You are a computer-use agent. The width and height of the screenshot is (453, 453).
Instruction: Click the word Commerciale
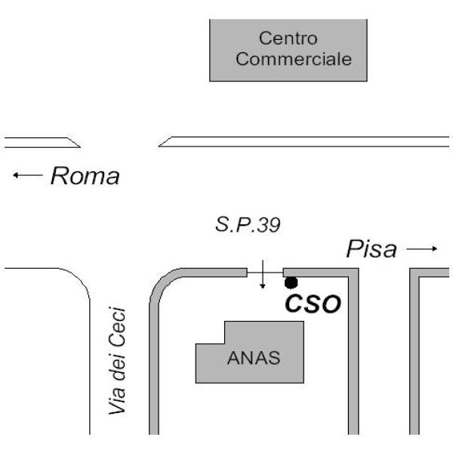click(x=294, y=59)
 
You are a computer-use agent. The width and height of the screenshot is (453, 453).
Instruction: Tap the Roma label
click(x=85, y=177)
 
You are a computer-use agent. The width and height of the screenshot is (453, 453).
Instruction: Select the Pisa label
click(x=371, y=249)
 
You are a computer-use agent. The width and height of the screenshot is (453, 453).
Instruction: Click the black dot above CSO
click(x=291, y=283)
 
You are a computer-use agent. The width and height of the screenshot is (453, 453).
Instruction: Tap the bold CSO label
click(x=312, y=304)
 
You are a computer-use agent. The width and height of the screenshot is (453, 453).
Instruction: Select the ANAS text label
click(x=254, y=359)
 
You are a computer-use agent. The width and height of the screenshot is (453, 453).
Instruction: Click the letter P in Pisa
click(x=353, y=249)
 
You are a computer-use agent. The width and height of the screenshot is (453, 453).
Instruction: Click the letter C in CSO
click(x=294, y=304)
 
